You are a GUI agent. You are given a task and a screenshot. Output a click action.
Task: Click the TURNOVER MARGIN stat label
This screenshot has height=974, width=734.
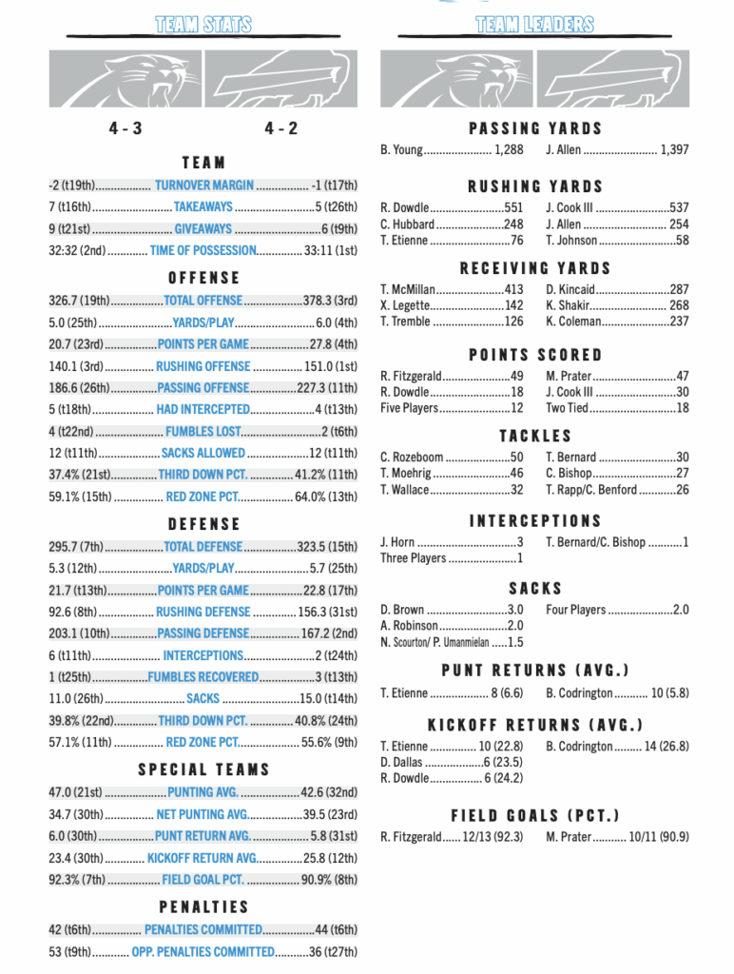pos(204,185)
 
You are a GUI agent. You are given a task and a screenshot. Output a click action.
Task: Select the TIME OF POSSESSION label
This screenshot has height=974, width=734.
pos(203,250)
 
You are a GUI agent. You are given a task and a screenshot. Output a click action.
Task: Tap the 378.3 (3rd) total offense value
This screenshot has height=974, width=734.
pos(330,301)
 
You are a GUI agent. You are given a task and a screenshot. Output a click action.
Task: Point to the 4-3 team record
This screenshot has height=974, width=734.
pos(125,128)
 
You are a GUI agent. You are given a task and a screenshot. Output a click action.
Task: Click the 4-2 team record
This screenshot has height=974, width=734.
pos(281,128)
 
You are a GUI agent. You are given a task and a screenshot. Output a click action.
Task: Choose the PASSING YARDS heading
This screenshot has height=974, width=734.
pos(535,128)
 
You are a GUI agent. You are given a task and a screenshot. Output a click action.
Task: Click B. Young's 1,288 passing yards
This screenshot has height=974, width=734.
pos(509,150)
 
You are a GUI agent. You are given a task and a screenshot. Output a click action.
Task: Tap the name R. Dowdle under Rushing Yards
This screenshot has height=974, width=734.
pos(405,208)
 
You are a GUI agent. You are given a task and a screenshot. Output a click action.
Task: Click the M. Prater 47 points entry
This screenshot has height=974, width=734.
pos(617,376)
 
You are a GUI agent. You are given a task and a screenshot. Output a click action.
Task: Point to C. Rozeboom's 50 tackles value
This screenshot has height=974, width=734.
pos(516,458)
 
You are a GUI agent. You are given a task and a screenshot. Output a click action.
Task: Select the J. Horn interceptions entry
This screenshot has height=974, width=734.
pos(452,542)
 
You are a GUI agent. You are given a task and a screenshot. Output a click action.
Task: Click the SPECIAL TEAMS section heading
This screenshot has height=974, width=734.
pos(203,769)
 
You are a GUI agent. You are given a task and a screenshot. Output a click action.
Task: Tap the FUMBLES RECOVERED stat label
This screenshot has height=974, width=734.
pos(203,677)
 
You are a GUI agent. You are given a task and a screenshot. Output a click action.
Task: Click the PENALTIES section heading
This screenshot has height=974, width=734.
pos(203,907)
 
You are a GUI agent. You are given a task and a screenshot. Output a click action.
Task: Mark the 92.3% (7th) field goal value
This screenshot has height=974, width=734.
pos(77,880)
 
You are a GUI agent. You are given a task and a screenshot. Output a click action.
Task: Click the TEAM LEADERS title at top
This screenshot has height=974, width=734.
pos(535,25)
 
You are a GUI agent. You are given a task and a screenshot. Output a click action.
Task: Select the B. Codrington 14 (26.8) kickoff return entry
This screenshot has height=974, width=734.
pos(617,747)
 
